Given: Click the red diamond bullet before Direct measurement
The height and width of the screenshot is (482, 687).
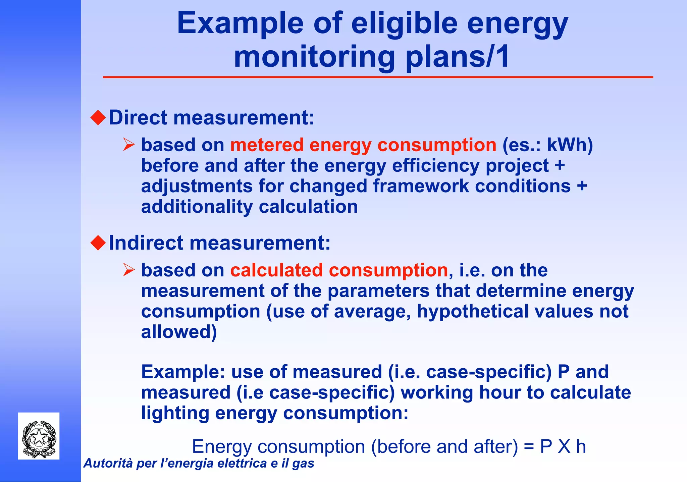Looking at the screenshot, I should click(x=98, y=118).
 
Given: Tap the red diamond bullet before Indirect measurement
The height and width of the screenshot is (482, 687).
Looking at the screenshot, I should click(x=98, y=243).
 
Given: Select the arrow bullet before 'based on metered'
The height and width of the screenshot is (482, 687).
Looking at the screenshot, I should click(x=128, y=145).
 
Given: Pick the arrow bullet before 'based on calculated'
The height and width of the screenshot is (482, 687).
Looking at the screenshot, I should click(x=128, y=270).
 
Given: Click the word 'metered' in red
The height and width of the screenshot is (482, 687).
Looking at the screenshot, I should click(x=267, y=145).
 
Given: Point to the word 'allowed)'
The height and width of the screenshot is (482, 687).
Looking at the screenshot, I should click(x=179, y=332).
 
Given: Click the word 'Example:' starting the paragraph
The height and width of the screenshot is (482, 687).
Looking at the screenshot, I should click(x=183, y=372).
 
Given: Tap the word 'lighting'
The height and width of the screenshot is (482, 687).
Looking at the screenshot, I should click(x=175, y=413).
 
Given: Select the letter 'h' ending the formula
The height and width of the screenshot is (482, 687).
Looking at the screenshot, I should click(x=581, y=447).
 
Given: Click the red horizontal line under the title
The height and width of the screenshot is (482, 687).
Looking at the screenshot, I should click(x=378, y=77).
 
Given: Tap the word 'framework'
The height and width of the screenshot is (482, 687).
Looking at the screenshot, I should click(x=421, y=186).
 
